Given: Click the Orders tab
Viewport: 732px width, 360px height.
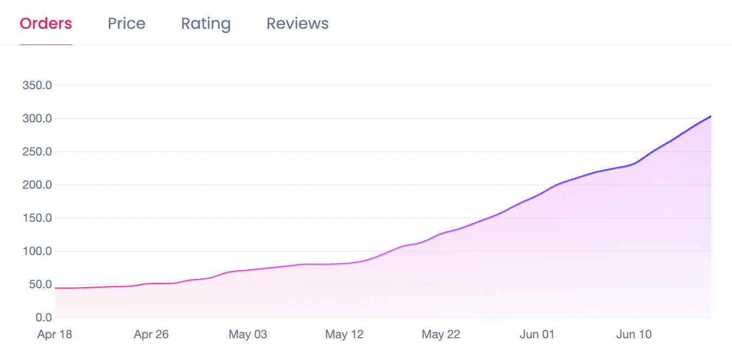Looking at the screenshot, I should pos(46,24).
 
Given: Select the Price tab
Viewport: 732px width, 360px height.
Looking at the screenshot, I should pos(126,24).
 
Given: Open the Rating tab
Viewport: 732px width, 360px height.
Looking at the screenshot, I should pos(206,24).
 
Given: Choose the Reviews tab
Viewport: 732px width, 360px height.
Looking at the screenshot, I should pos(297,24).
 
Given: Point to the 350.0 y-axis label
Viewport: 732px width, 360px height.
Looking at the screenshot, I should pos(37,85).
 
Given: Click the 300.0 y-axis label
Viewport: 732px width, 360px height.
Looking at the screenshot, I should pos(37,119).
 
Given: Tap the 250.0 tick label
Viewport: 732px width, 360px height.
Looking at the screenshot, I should pos(37,152).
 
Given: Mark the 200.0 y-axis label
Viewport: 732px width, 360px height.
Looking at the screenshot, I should pos(37,185).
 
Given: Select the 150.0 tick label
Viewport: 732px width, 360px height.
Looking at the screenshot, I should pos(37,218).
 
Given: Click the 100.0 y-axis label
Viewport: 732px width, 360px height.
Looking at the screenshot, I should pos(37,251).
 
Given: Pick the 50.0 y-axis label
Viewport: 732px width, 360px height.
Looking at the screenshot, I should pos(39,284).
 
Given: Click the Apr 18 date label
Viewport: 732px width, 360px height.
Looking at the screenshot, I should pos(54,334).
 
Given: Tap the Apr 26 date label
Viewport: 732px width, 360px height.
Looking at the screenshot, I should pos(151,334).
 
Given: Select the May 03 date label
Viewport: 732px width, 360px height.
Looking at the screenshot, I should pos(247,334).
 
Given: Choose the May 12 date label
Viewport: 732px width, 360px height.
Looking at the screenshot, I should pos(344,334).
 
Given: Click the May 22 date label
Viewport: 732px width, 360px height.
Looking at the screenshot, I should pos(441,334).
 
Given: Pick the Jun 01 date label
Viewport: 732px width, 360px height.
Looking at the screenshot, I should pos(537,334).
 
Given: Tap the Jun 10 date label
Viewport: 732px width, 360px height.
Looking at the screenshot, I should pos(634,334).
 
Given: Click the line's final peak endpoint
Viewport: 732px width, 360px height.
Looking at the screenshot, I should pos(710,116).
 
